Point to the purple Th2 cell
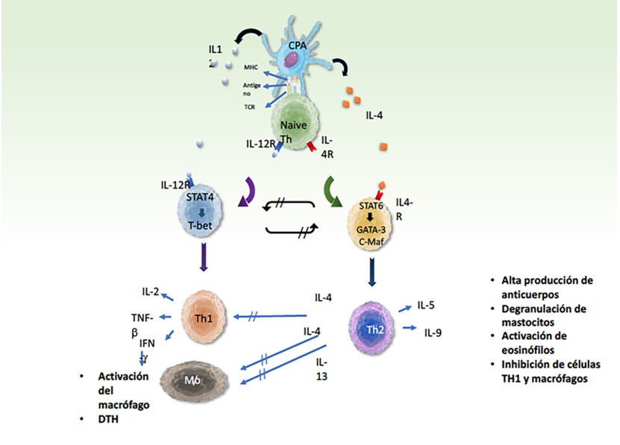[x=374, y=328]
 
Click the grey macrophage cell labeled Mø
[x=192, y=380]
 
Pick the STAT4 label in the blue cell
[x=201, y=198]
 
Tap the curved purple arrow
[x=247, y=192]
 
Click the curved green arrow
[x=334, y=190]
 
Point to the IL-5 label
[x=427, y=305]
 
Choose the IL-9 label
[x=434, y=332]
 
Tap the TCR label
[x=250, y=107]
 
